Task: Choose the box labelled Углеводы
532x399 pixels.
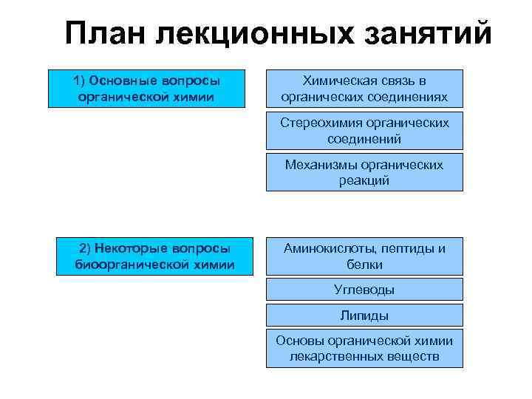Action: [364, 290]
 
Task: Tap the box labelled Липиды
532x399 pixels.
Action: [364, 316]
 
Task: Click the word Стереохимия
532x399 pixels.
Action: [322, 123]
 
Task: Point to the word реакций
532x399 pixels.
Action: [364, 180]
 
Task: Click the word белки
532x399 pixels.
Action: [364, 264]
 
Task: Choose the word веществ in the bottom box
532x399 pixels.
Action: [413, 357]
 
